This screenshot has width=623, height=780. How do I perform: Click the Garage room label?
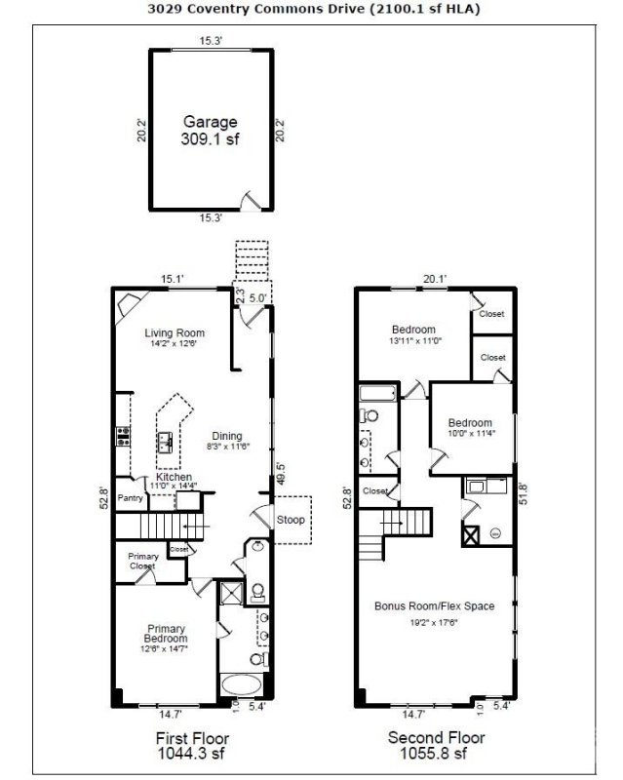tap(210, 122)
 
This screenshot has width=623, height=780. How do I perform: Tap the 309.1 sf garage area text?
tap(210, 139)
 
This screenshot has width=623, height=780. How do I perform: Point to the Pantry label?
tap(131, 498)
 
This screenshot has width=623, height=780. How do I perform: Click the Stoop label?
tap(291, 520)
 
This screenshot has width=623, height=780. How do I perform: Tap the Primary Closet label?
tap(142, 561)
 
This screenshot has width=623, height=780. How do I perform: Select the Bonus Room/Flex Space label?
tap(434, 605)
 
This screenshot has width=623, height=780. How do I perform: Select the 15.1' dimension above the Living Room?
tap(173, 279)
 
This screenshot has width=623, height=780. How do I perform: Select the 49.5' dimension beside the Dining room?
tap(280, 474)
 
